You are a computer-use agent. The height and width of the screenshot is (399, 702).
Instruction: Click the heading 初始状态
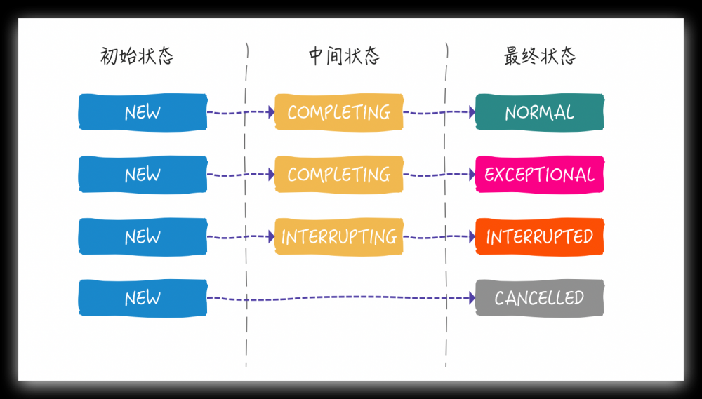tap(137, 57)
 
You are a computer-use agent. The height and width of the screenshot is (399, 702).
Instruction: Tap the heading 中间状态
tap(344, 57)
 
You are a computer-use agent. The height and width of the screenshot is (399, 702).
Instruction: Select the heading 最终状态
tap(540, 57)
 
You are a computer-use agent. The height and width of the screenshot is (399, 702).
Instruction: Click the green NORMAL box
tap(539, 112)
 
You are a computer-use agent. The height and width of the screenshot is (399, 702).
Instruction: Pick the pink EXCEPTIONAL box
tap(539, 175)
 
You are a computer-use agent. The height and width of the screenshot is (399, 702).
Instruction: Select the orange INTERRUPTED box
tap(539, 236)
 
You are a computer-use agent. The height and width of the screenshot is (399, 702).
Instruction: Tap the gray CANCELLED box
tap(539, 298)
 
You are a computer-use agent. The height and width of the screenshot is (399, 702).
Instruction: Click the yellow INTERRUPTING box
tap(339, 236)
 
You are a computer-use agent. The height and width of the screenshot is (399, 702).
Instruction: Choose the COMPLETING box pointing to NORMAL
tap(339, 112)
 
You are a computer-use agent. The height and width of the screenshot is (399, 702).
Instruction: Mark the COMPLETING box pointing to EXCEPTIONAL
tap(339, 175)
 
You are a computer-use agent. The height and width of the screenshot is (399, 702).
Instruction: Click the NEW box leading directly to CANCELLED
tap(143, 298)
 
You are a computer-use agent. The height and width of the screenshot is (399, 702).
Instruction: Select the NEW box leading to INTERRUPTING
tap(143, 236)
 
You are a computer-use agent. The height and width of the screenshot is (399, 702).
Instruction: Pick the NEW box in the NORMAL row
tap(143, 112)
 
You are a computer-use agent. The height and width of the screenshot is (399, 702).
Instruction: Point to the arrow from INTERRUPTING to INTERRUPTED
tap(439, 237)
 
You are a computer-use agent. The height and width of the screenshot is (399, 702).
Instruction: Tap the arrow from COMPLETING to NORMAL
tap(439, 112)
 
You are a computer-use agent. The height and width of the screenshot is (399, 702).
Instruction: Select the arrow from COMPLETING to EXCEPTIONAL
tap(439, 175)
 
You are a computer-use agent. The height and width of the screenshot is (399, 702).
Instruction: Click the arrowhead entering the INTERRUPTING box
tap(271, 237)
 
